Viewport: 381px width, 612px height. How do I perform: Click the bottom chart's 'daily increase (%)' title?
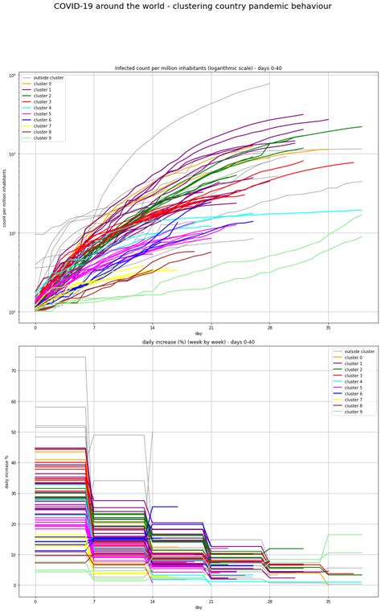point(198,343)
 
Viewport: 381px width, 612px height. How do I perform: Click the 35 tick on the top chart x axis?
point(328,328)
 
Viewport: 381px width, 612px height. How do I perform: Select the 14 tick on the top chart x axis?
point(152,328)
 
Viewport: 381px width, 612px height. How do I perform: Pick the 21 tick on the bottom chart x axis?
point(211,601)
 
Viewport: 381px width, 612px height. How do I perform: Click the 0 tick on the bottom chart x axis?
point(35,601)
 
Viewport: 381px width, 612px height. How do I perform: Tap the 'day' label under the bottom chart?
point(198,608)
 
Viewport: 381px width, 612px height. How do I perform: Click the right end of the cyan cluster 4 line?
point(362,210)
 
